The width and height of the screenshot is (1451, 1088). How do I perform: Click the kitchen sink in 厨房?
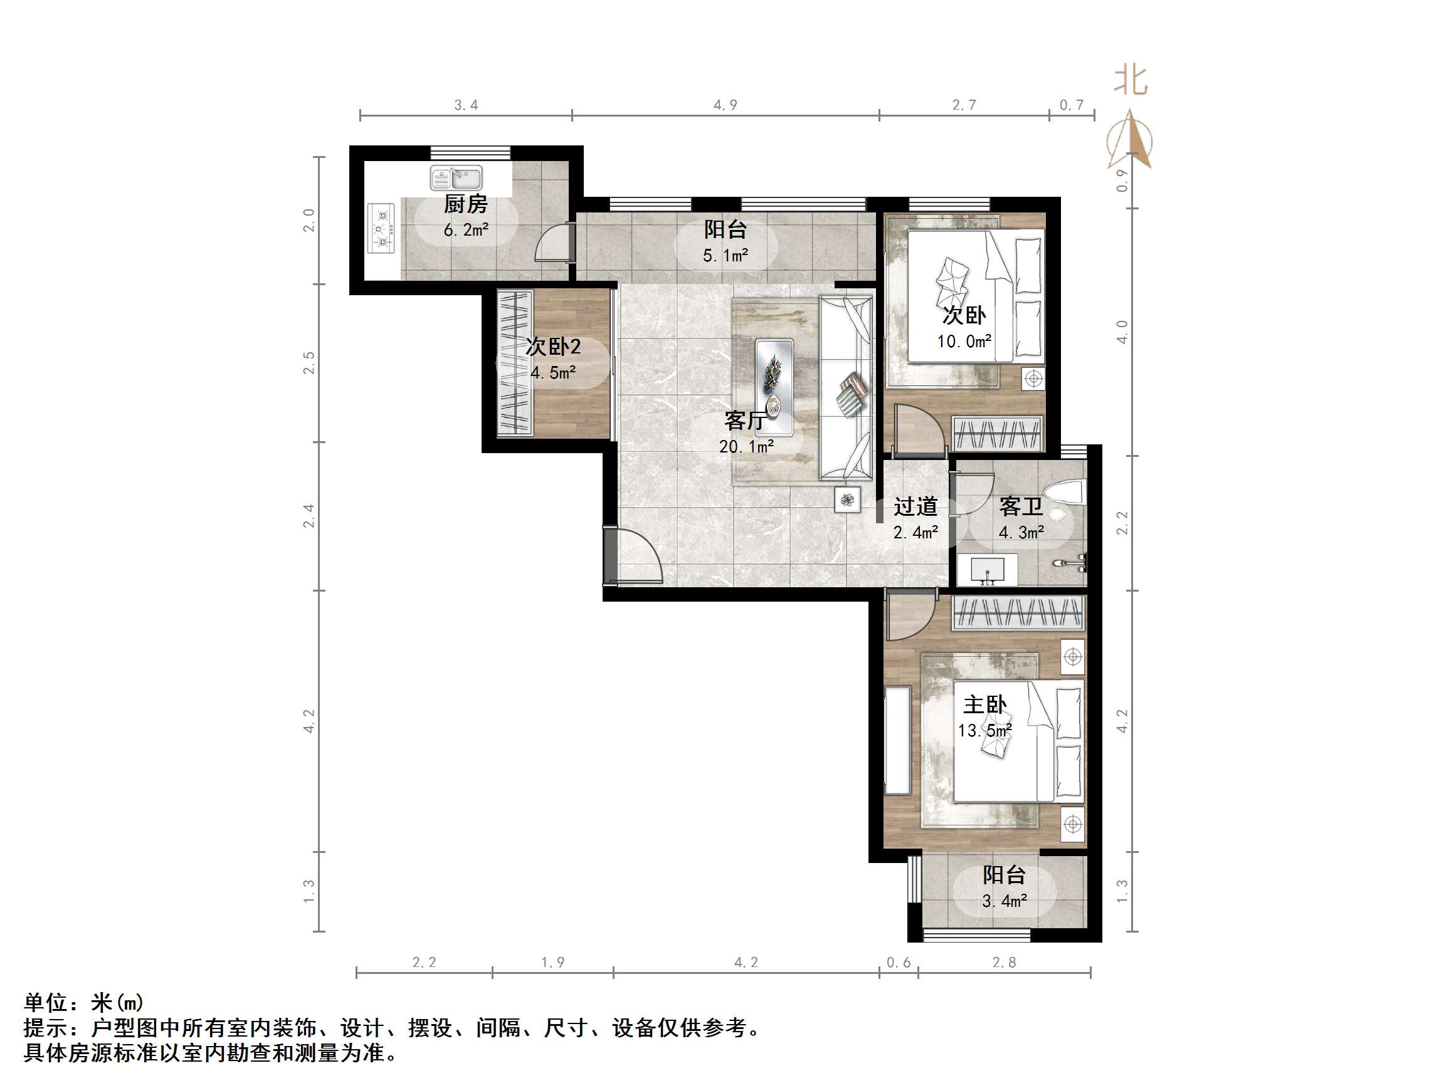(456, 178)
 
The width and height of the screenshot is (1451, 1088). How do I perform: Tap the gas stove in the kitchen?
(382, 229)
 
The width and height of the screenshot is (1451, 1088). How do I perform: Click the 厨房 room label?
(466, 204)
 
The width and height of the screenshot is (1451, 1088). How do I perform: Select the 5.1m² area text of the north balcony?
(725, 256)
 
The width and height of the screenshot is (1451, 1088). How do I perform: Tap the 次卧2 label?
(553, 347)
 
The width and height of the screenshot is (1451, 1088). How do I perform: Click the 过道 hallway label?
(915, 506)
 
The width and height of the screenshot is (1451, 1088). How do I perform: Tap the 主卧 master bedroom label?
(984, 705)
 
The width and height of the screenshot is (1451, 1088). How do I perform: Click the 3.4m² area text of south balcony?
(1004, 902)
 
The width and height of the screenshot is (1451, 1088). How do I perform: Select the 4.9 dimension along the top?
(725, 105)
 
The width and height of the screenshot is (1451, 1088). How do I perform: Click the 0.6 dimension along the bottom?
(898, 962)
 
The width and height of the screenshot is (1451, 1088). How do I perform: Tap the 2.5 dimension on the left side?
(309, 363)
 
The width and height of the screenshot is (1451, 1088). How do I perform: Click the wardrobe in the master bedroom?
(1018, 613)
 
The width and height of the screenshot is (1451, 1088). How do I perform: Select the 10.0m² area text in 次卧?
(964, 342)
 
